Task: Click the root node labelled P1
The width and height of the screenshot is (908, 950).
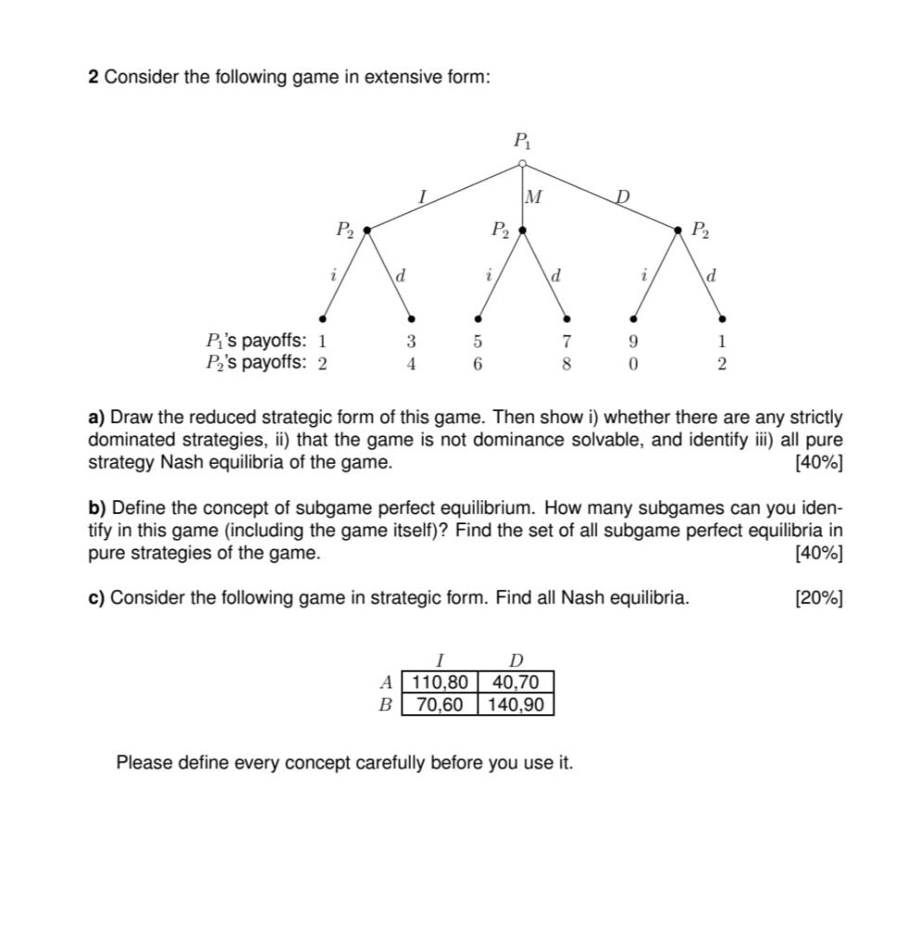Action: [522, 164]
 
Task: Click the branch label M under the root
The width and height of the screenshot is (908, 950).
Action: [533, 197]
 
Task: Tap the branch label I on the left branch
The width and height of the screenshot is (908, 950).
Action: [422, 196]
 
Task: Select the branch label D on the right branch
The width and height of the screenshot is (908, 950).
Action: [623, 196]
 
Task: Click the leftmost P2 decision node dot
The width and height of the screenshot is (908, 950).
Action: [368, 228]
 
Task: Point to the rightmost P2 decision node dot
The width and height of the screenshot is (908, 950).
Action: [678, 228]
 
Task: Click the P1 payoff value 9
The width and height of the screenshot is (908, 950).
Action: [633, 341]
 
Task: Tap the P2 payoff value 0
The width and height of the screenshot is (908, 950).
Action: [633, 364]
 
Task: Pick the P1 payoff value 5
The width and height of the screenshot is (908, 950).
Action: [478, 341]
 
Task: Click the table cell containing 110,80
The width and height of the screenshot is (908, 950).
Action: [441, 683]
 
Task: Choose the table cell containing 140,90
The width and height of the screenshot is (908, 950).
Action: [516, 704]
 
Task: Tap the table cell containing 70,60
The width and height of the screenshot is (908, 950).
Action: [441, 704]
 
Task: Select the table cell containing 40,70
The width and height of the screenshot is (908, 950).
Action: [516, 683]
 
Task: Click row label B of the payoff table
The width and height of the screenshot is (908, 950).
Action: [385, 704]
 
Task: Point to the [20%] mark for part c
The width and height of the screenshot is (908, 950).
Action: [819, 597]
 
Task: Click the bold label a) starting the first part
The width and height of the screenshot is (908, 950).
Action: [96, 417]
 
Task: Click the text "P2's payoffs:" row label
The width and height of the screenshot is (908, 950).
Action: [255, 363]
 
